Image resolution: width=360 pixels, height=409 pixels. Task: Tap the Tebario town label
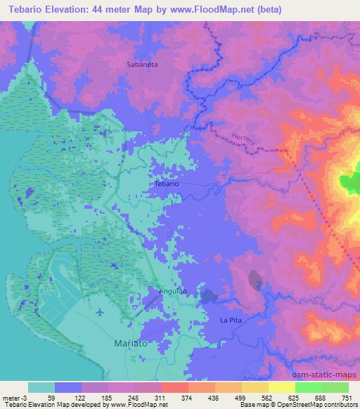(167, 183)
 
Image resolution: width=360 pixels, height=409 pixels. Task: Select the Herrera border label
(241, 137)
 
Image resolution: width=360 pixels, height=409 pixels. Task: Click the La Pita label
(231, 320)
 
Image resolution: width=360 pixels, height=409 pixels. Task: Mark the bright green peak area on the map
(349, 184)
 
